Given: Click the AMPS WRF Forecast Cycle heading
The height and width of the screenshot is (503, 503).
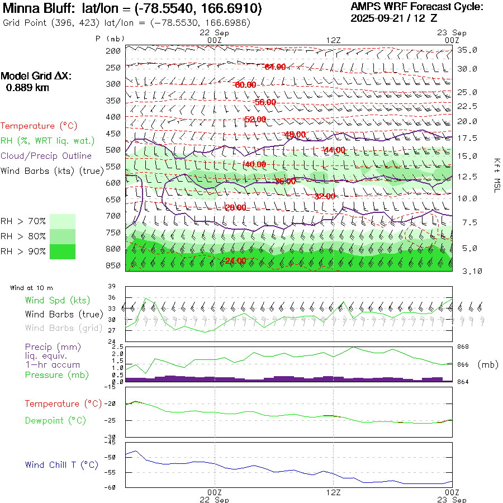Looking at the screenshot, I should tap(417, 7).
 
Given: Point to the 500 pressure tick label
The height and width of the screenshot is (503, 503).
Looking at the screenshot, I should tap(113, 150).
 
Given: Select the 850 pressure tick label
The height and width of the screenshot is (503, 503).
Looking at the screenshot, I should tap(113, 265).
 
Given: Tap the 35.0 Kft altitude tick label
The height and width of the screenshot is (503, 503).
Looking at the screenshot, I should tap(467, 50).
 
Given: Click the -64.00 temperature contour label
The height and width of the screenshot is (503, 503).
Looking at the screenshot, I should tap(274, 67).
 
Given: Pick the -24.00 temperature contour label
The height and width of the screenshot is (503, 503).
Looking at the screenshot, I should tap(235, 261).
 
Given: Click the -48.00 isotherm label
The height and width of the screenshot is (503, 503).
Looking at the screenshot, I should tap(295, 135).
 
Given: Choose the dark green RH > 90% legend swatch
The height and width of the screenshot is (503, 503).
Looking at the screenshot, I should tap(63, 251).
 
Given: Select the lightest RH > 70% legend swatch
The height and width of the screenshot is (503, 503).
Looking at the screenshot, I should tap(63, 221).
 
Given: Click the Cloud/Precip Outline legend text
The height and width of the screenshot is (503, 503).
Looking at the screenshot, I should tap(46, 155).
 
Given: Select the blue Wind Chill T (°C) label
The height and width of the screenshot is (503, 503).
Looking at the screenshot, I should tap(61, 464).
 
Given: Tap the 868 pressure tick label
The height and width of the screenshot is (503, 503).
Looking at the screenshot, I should tap(463, 348).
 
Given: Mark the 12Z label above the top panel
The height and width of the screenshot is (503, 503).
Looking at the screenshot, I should tap(333, 40).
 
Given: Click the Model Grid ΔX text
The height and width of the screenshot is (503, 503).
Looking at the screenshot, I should tap(36, 76).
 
